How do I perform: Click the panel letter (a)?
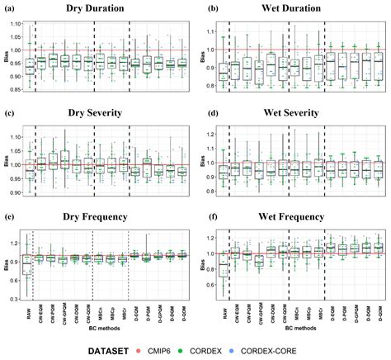pyautogui.click(x=9, y=9)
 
